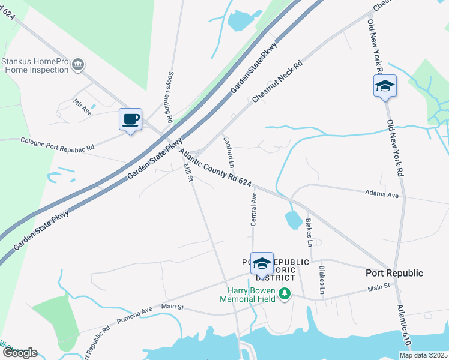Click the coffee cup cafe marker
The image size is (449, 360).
coord(130,119)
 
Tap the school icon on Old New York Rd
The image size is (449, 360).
coord(384,86)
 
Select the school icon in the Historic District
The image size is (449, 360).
coord(262,263)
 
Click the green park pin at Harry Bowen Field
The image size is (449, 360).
coord(286,294)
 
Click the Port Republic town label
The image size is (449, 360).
coord(394,273)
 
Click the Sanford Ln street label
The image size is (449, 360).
coord(229,152)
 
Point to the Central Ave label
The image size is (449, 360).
coord(253,209)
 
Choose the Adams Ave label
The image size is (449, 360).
coord(382,194)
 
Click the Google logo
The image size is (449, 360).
coord(19,353)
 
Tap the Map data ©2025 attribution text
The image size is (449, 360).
coord(423,355)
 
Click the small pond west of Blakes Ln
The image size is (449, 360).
coord(294,220)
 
